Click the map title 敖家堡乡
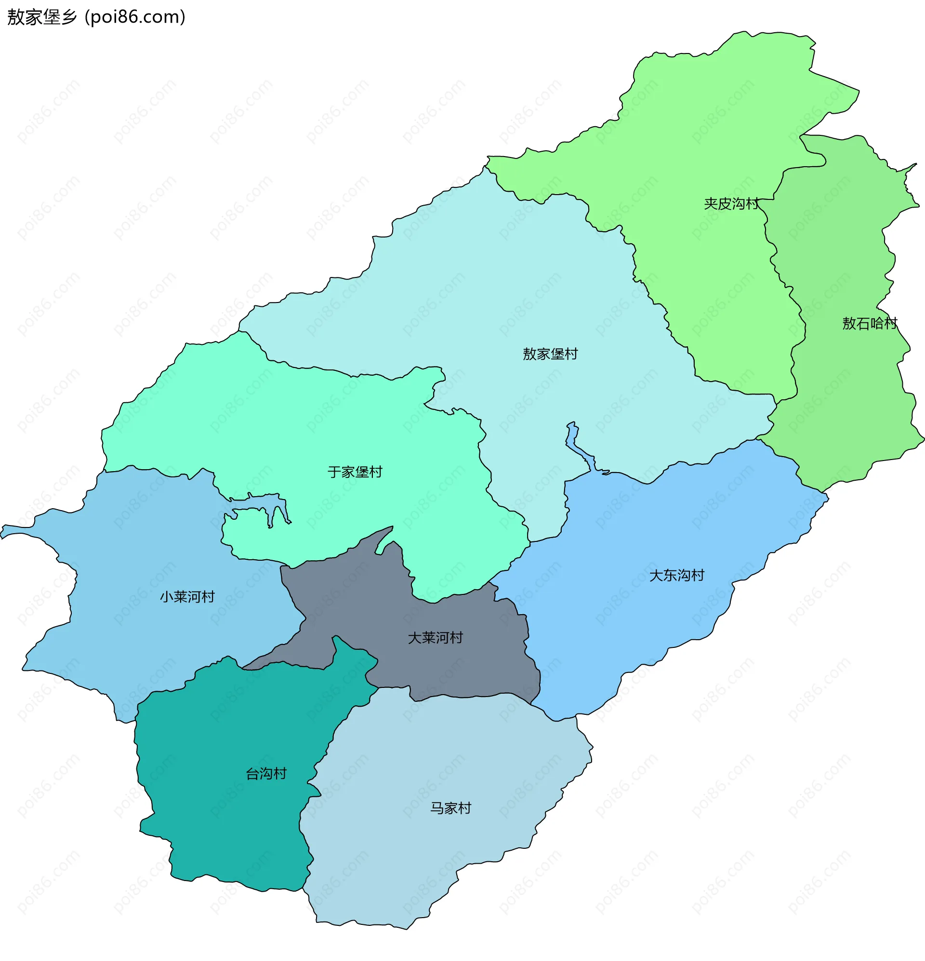(x=42, y=17)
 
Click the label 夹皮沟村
(x=731, y=204)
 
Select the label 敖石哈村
(x=870, y=324)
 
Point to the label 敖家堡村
(x=550, y=354)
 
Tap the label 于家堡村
(x=355, y=472)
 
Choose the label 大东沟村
(x=676, y=576)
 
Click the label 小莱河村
(x=187, y=597)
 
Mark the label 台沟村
(x=266, y=774)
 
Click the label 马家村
(x=450, y=808)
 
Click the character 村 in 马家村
(x=464, y=808)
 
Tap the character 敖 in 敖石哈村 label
(x=849, y=324)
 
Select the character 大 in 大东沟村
(x=656, y=576)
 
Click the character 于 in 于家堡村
(x=334, y=472)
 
